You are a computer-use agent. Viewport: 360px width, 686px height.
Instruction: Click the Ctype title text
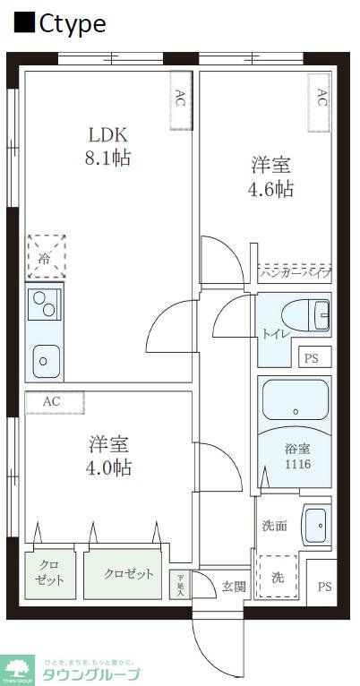(x=62, y=23)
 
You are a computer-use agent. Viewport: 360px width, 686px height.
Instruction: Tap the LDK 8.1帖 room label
(x=108, y=147)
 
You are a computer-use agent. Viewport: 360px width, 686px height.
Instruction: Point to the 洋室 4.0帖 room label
(x=109, y=455)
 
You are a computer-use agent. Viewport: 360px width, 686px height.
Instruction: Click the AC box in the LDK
(x=180, y=98)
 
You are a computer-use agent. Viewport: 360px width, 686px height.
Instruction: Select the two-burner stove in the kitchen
(x=45, y=304)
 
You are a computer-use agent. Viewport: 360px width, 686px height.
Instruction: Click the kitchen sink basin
(x=43, y=363)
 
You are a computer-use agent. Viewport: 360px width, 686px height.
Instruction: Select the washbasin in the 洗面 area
(x=316, y=525)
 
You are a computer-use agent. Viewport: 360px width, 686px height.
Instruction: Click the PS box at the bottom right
(x=322, y=587)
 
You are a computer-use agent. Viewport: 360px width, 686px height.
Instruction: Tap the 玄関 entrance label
(x=234, y=587)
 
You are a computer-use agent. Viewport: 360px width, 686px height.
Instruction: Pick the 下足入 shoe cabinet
(x=180, y=584)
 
